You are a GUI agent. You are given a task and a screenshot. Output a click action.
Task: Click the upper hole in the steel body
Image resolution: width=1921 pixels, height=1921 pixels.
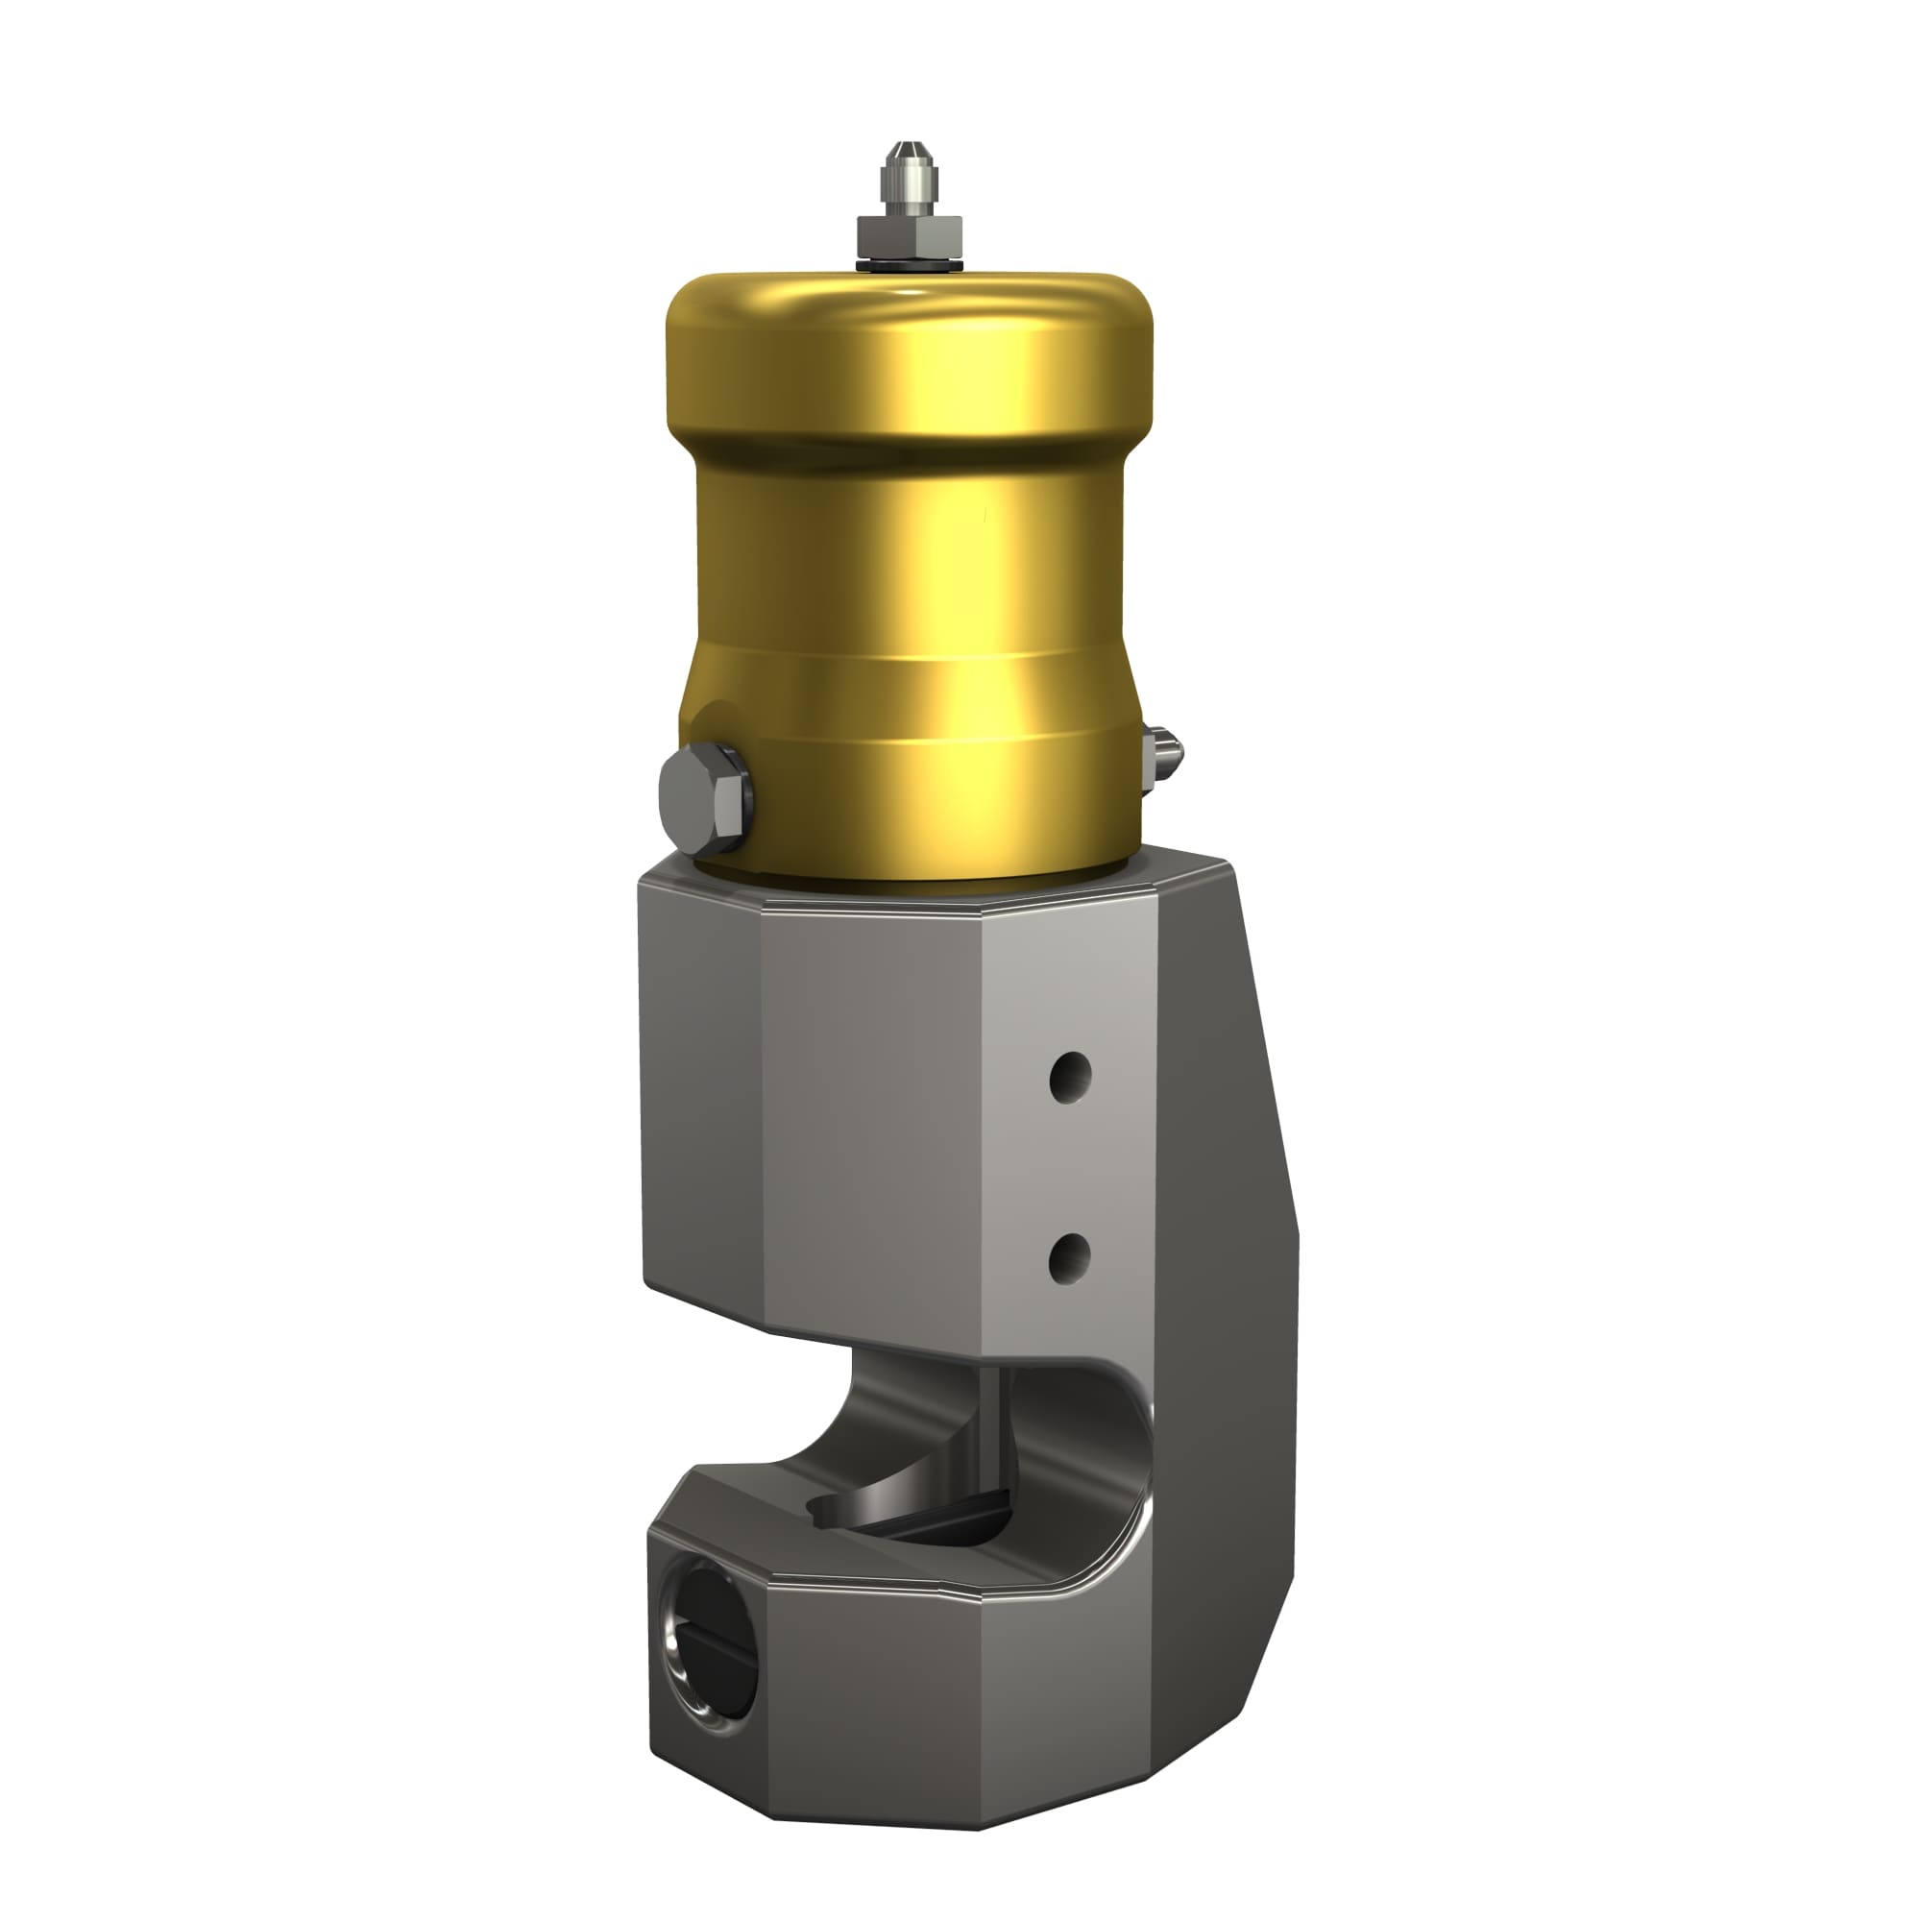click(x=1070, y=1075)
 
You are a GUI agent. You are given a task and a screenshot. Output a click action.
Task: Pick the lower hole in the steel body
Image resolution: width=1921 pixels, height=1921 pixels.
click(x=1070, y=1258)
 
